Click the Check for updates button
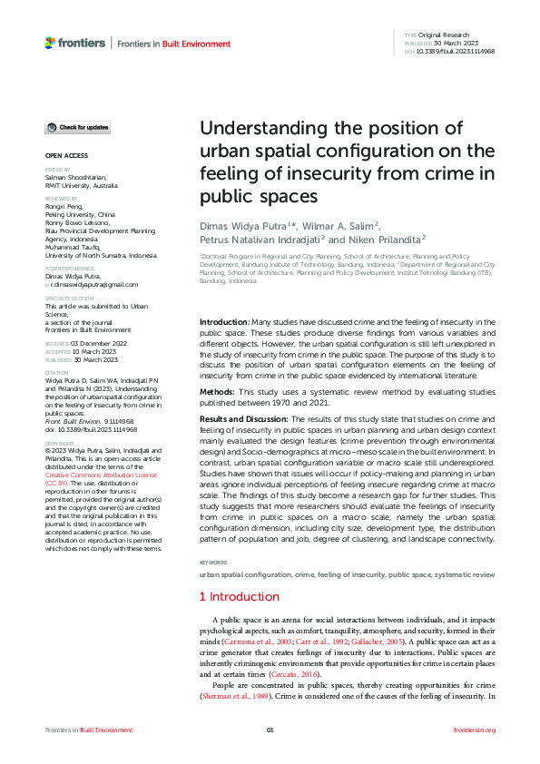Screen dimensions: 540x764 pyautogui.click(x=78, y=127)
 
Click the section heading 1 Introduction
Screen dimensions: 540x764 pyautogui.click(x=237, y=597)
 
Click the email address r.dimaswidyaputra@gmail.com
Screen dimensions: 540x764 pyautogui.click(x=83, y=259)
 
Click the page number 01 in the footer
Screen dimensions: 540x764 pyautogui.click(x=270, y=730)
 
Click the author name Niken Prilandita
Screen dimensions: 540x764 pyautogui.click(x=368, y=239)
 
